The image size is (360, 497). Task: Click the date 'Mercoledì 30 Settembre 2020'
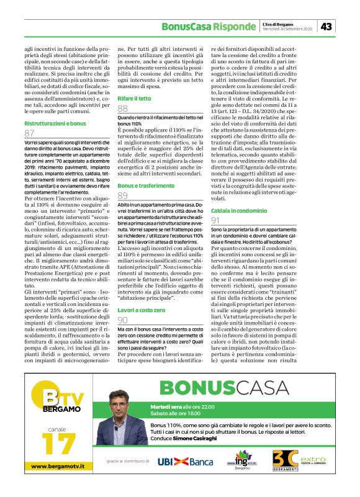pyautogui.click(x=287, y=29)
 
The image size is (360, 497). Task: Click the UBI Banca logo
pyautogui.click(x=184, y=461)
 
